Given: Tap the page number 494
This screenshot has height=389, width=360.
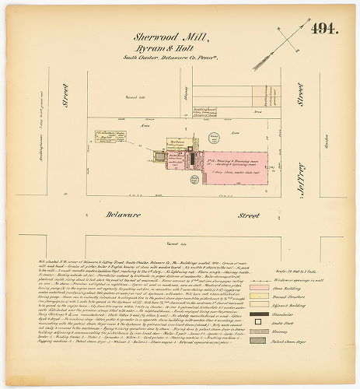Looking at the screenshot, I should click(323, 30).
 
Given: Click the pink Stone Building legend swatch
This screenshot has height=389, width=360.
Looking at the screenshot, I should click(283, 286).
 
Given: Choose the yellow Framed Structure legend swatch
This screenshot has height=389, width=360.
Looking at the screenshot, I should click(283, 296).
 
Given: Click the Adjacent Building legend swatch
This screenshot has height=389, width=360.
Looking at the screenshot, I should click(283, 307).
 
